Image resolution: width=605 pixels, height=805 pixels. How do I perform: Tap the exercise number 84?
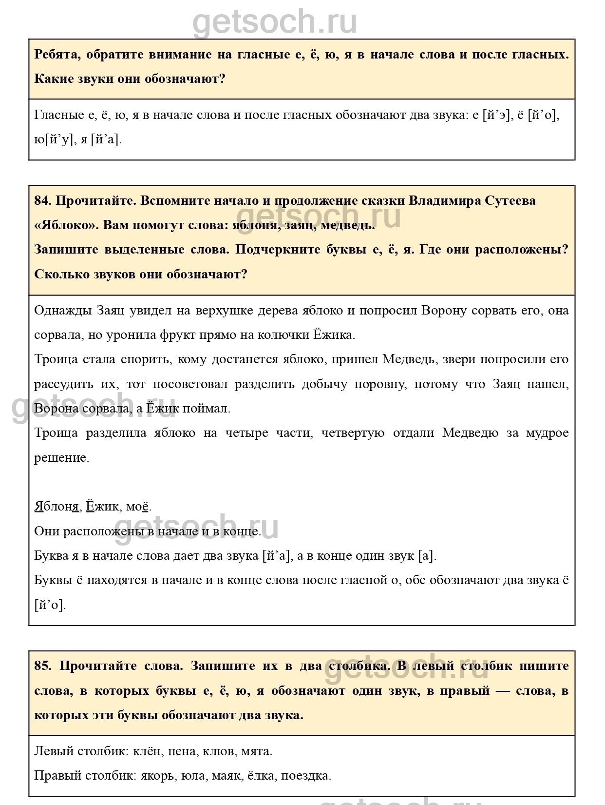(42, 200)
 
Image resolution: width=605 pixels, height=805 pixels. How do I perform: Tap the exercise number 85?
(42, 666)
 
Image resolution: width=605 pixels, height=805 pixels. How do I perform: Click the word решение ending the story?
(61, 458)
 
